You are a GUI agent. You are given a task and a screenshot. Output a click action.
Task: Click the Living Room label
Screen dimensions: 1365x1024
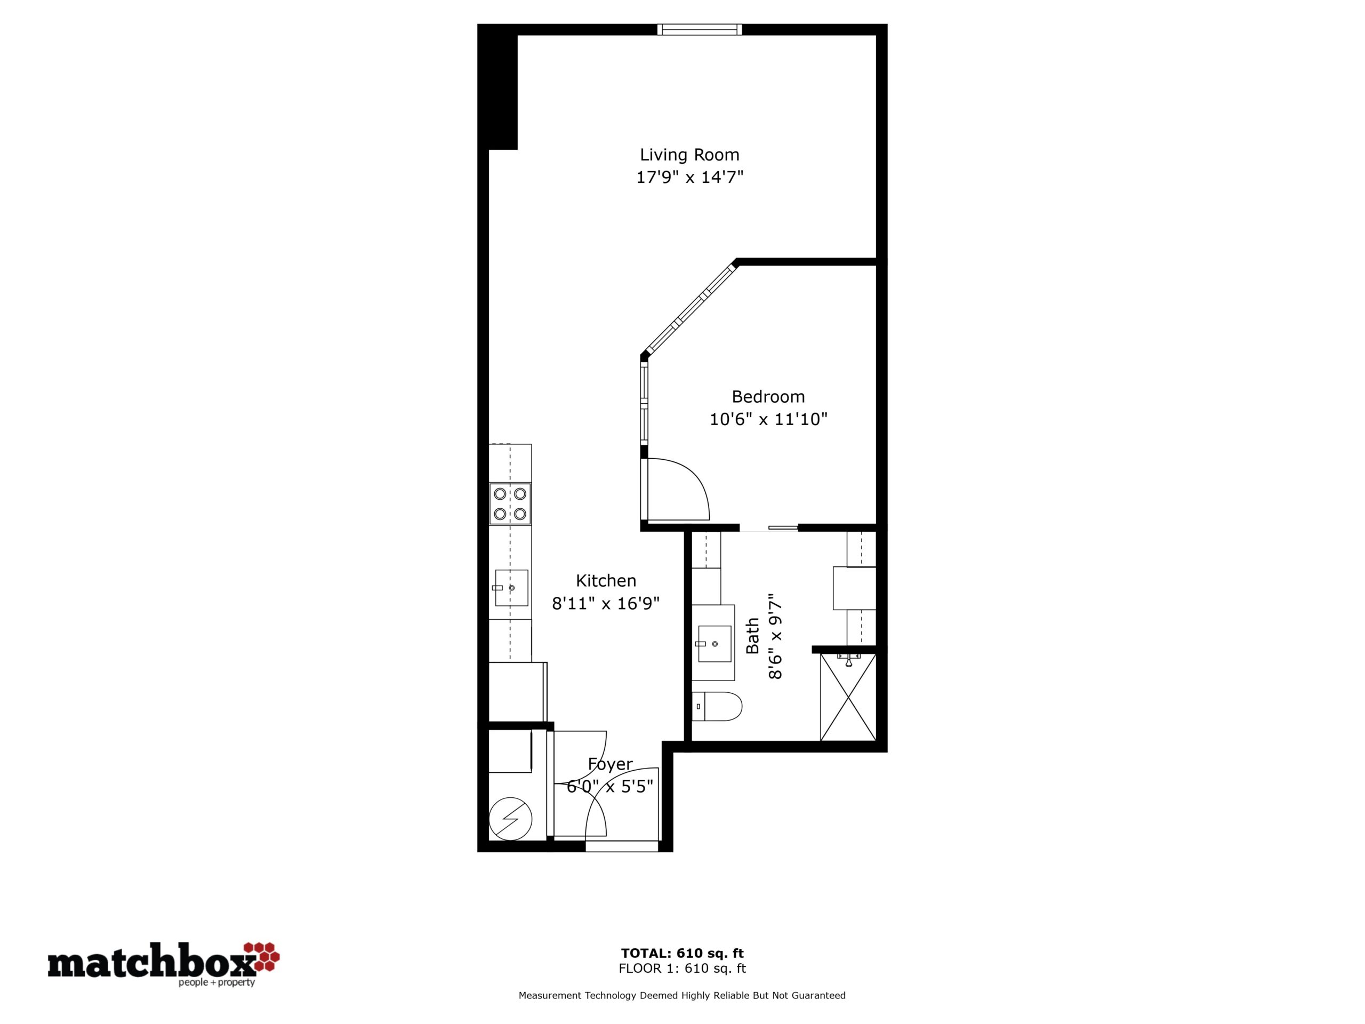pos(689,155)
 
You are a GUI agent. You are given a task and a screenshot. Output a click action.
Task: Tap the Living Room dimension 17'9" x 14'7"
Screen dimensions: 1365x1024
pos(689,178)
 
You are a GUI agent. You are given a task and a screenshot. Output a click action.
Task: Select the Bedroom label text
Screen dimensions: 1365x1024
pos(768,396)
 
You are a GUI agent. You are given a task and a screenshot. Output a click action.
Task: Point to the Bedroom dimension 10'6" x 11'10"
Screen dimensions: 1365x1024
pos(768,420)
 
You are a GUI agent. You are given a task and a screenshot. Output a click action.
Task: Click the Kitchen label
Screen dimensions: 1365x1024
pos(606,580)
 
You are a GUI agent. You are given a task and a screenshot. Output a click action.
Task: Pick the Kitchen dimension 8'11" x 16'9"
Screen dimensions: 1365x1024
pos(606,603)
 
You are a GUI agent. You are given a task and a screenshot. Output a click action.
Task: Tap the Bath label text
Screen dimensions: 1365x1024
pos(753,636)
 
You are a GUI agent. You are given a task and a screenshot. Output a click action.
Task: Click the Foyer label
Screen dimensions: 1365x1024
pos(611,764)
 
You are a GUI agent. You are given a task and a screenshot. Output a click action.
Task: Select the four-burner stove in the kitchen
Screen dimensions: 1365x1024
pos(510,503)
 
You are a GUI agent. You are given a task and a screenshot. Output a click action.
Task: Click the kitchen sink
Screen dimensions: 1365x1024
pos(511,588)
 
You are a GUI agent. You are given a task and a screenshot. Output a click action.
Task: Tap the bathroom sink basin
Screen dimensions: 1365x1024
pos(714,644)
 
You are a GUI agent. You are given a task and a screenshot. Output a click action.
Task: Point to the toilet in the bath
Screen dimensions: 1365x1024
pos(717,706)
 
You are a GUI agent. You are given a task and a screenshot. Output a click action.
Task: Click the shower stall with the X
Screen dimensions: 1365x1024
pos(848,697)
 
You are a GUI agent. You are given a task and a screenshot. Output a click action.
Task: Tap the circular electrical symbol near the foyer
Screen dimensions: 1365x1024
pos(510,819)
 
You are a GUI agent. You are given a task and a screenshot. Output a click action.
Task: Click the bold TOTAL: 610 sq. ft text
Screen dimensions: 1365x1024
pos(682,953)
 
